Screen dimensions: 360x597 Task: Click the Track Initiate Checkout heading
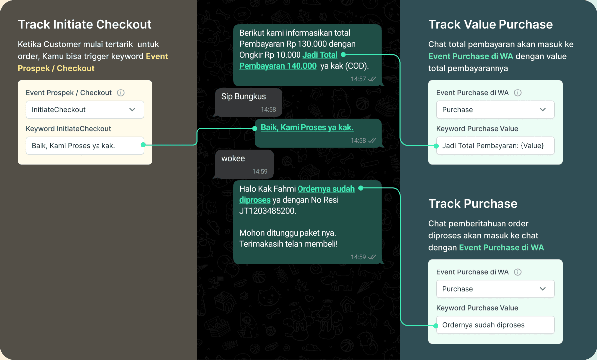[85, 24]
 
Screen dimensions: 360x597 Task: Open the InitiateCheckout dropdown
[85, 110]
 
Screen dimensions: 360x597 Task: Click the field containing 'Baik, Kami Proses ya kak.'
[85, 146]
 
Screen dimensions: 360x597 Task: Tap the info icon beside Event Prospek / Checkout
[121, 93]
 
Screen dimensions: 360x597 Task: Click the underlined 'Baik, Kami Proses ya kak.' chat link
[307, 128]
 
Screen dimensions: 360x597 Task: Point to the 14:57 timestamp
[358, 79]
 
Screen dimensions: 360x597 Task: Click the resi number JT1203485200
[267, 211]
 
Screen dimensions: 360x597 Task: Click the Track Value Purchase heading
[491, 24]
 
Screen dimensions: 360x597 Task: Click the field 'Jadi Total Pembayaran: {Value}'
[495, 146]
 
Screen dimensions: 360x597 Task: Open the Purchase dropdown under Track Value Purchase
[495, 110]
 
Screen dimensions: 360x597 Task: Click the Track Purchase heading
[473, 204]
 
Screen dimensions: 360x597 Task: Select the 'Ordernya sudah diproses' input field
[495, 325]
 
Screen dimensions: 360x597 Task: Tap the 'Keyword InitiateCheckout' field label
[69, 129]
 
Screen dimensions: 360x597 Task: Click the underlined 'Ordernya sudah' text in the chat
[326, 189]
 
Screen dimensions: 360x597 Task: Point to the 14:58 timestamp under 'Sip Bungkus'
[268, 110]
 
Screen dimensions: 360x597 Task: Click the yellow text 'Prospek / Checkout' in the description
[56, 68]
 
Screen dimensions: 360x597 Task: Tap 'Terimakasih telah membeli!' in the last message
[288, 244]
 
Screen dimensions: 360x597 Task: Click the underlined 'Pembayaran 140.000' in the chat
[278, 66]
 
